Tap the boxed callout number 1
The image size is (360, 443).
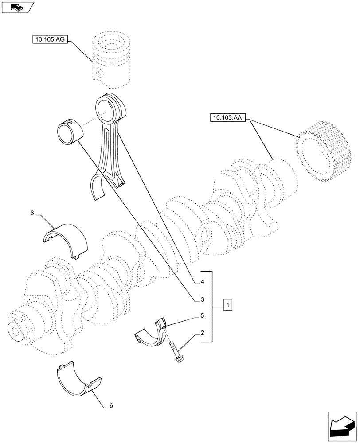tap(227, 306)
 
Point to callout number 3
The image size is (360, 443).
tap(202, 300)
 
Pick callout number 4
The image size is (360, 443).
tap(202, 282)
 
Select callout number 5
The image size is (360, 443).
tap(202, 316)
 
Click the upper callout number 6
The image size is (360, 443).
tap(32, 214)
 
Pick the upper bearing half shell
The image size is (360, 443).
tap(66, 239)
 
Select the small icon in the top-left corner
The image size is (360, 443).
tap(17, 7)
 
